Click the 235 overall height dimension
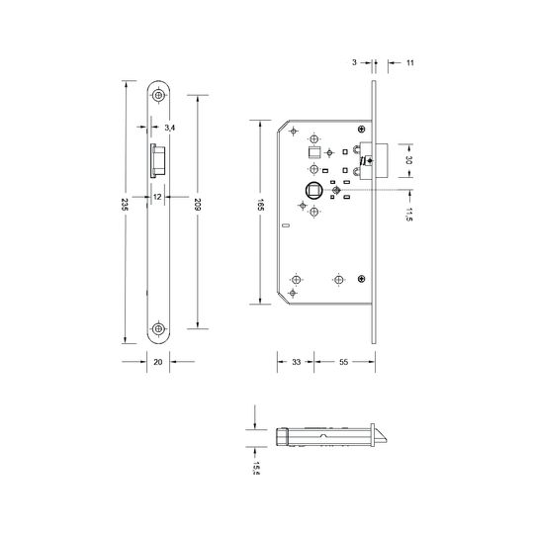(x=125, y=205)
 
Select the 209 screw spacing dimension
(x=197, y=204)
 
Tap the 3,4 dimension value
(x=170, y=128)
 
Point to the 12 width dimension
(x=157, y=197)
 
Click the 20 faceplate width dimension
(x=158, y=362)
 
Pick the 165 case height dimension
(x=260, y=205)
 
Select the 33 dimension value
(x=297, y=362)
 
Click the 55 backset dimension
(x=344, y=362)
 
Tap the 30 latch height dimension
(x=409, y=160)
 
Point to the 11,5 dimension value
(x=409, y=215)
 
